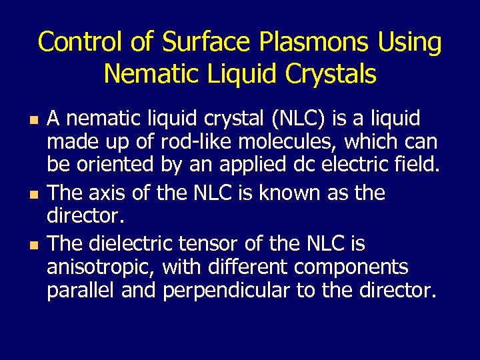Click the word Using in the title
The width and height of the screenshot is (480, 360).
[x=409, y=42]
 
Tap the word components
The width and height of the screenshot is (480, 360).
[x=352, y=267]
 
